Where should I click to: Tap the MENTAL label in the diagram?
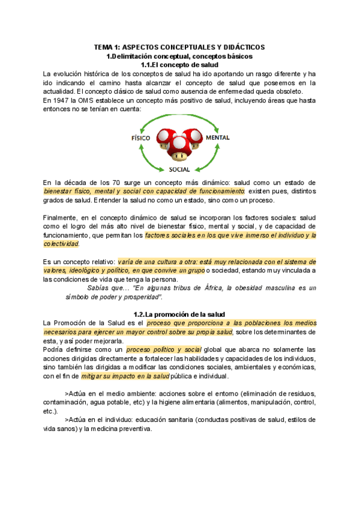click(217, 138)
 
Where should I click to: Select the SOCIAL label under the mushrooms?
click(179, 169)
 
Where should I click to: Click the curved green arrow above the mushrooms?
click(179, 118)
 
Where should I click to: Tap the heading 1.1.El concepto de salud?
click(179, 64)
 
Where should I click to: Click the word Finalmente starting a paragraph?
click(62, 217)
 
